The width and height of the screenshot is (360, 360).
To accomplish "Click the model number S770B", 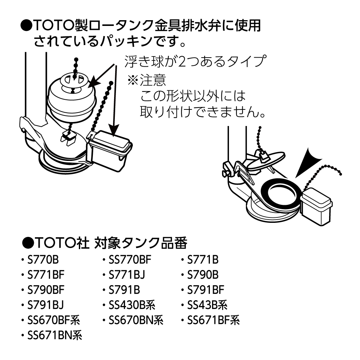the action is (43, 260).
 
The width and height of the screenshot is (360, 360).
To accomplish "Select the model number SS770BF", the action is (130, 260).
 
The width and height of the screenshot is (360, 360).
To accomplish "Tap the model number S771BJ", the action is (127, 275).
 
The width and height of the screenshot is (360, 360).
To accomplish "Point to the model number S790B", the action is (203, 275).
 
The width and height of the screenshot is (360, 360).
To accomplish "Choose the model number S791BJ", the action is (45, 305).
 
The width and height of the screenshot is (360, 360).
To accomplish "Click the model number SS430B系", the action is (132, 305).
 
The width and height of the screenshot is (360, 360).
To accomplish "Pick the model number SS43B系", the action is (207, 305).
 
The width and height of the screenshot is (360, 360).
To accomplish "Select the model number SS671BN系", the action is (55, 336).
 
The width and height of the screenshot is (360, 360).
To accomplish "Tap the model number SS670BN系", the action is (136, 320).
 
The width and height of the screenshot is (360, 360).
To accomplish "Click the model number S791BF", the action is (206, 290).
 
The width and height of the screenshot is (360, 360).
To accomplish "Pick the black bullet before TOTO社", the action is (28, 243).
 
